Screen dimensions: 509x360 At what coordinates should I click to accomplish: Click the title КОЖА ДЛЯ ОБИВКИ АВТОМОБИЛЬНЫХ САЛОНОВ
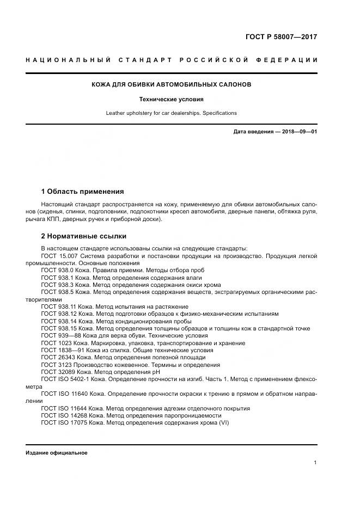point(171,85)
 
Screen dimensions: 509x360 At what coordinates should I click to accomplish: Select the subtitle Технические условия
point(171,100)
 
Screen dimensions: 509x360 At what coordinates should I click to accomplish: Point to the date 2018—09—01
point(299,132)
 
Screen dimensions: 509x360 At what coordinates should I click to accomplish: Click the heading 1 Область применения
point(82,192)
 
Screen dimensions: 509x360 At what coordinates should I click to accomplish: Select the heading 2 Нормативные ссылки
point(84,236)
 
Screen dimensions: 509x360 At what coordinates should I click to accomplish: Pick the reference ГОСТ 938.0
point(57,270)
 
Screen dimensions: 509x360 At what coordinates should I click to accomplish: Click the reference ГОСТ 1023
point(57,344)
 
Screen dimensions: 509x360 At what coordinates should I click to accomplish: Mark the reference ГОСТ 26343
point(59,358)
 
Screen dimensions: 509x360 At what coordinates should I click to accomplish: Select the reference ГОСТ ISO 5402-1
point(65,379)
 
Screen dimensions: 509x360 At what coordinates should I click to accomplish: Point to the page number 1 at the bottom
point(315,463)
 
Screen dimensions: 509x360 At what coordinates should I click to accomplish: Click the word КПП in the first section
point(56,219)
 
